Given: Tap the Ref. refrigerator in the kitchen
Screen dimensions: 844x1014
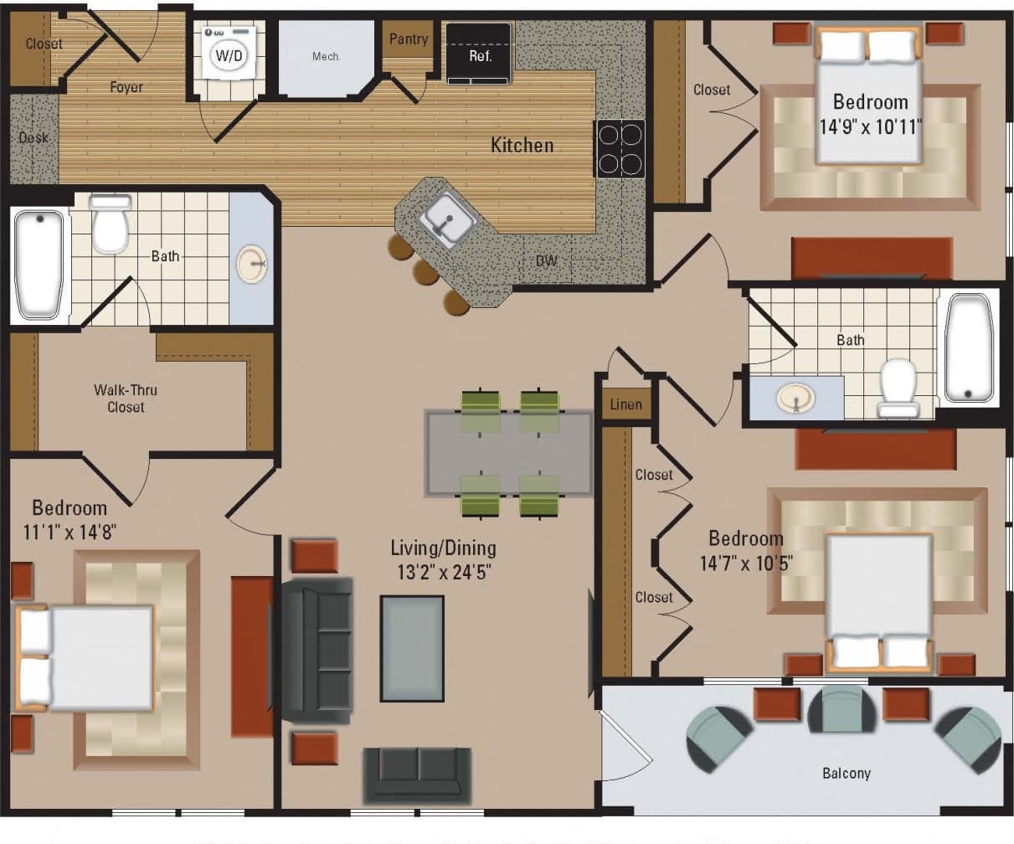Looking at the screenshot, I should tap(479, 54).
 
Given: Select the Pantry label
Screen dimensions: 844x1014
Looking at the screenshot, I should tap(409, 39).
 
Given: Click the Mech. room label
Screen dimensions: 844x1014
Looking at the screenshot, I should tap(326, 57).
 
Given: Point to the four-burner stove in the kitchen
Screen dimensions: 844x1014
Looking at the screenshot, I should tap(620, 148).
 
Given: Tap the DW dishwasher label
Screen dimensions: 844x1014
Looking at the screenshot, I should tap(547, 260).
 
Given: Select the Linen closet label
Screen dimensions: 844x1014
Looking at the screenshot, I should tap(626, 404).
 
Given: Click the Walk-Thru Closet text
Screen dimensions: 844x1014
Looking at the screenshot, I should tap(126, 399).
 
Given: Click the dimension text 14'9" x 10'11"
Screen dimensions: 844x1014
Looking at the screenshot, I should tap(871, 127).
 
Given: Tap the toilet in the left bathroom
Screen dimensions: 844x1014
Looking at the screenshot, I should tap(111, 224).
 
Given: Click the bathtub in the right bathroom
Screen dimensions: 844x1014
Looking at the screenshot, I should tap(969, 347).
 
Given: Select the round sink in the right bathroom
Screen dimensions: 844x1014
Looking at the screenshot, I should tap(795, 398).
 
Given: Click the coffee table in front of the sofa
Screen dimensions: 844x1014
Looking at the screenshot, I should tap(412, 648).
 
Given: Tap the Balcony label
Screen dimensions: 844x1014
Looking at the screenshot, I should tap(846, 773).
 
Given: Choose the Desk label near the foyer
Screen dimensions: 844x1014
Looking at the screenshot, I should tap(33, 137).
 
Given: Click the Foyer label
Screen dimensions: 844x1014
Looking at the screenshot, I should tap(126, 87).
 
